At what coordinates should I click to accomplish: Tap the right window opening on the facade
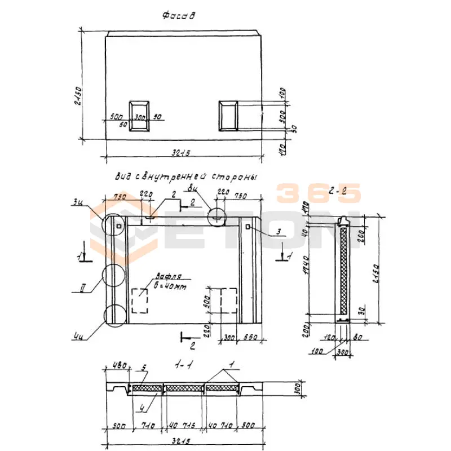(x=228, y=116)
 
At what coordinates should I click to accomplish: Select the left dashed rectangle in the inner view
(x=140, y=300)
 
